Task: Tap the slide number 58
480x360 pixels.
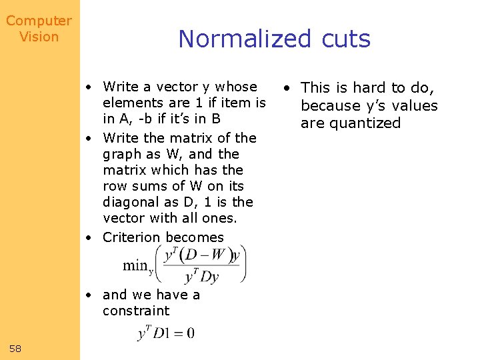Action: coord(16,348)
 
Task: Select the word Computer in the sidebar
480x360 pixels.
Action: coord(39,21)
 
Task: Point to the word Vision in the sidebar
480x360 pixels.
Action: coord(39,37)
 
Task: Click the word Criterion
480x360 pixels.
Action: coord(131,237)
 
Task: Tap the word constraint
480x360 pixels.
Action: coord(136,311)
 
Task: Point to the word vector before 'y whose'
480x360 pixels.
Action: coord(178,87)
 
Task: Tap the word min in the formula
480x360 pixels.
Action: coord(136,265)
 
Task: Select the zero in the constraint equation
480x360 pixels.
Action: coord(190,333)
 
